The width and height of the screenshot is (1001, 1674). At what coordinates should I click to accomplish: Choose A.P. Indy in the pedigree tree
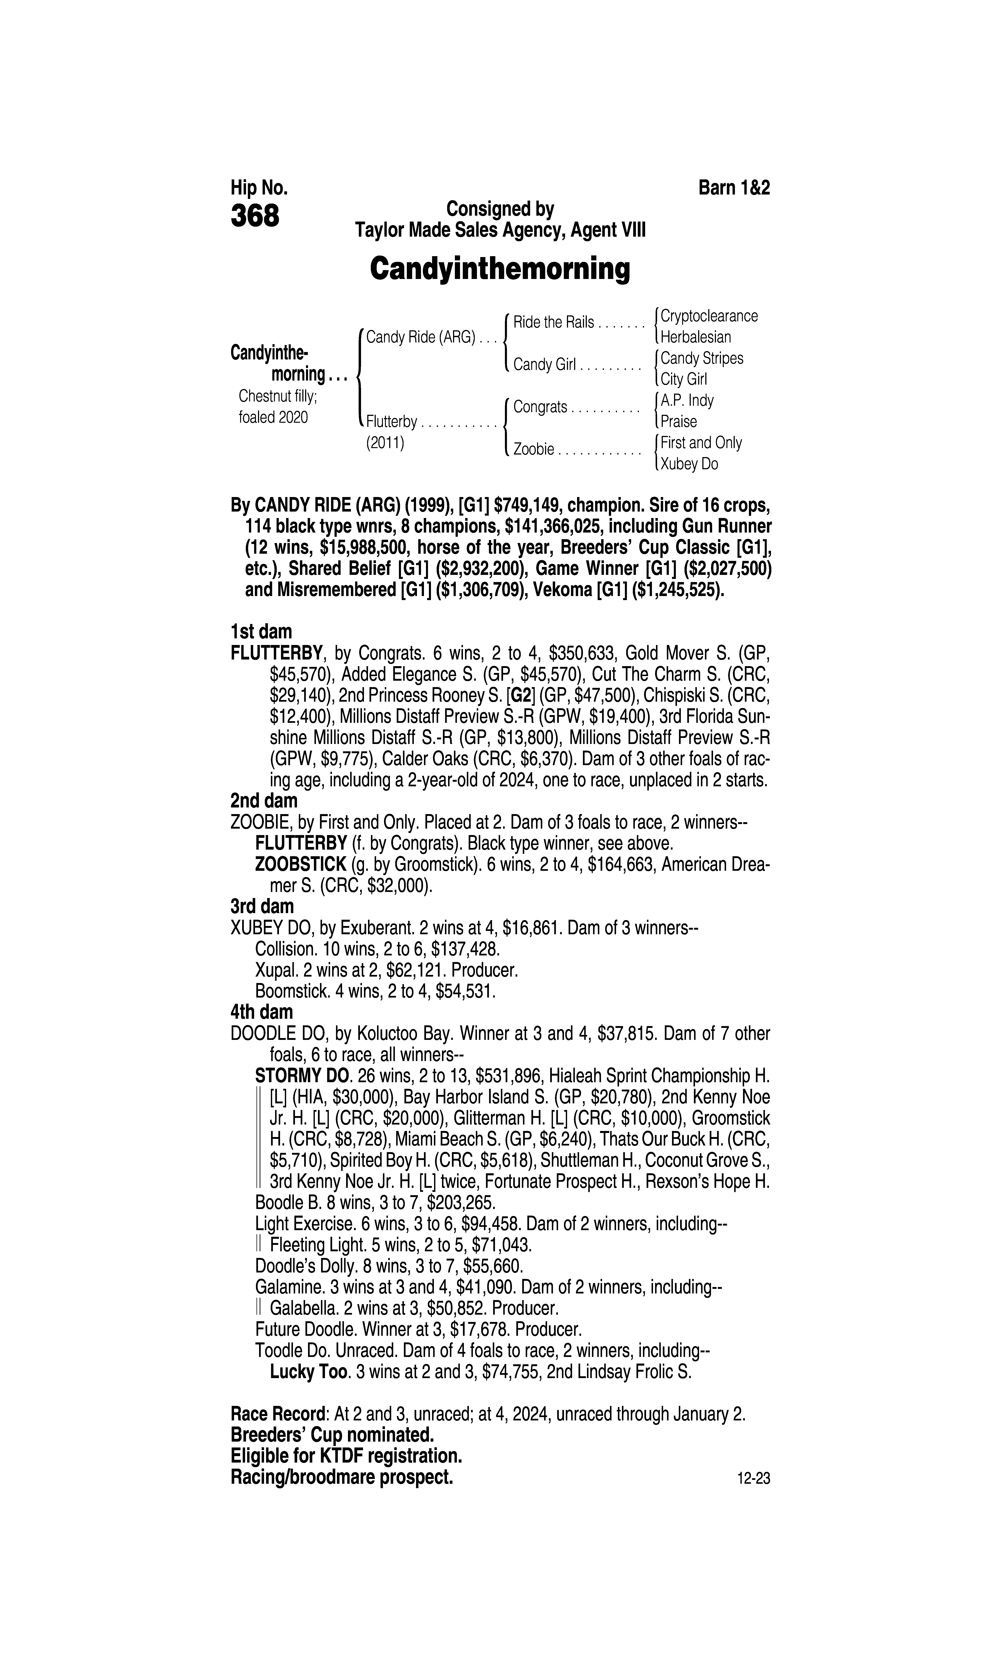point(687,401)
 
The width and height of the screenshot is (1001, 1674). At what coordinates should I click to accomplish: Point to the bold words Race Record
point(279,1414)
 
